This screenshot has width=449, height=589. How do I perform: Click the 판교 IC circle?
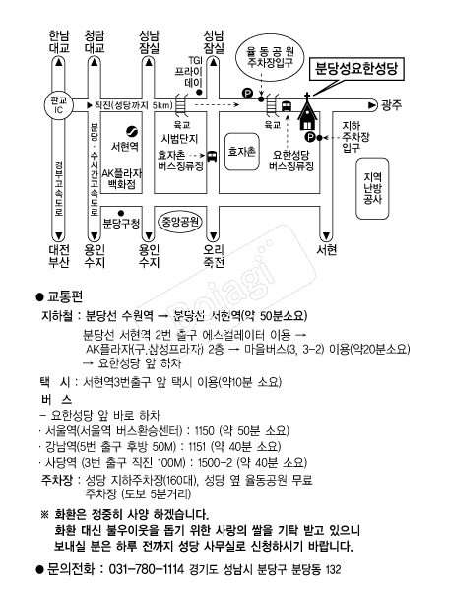[x=58, y=105]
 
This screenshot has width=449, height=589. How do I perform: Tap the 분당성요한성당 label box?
[x=356, y=69]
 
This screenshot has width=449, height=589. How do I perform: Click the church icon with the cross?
[x=307, y=111]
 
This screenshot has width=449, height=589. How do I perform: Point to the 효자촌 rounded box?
[x=242, y=152]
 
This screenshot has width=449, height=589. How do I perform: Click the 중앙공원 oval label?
[x=180, y=222]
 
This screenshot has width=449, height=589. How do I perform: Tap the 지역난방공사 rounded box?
[x=372, y=188]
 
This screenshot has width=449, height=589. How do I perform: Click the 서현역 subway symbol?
[x=132, y=131]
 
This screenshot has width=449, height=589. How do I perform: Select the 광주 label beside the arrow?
[x=391, y=105]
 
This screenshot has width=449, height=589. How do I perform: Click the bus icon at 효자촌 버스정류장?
[x=212, y=156]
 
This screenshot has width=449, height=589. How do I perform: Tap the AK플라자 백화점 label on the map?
[x=122, y=179]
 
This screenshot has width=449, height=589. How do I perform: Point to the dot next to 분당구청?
[x=121, y=213]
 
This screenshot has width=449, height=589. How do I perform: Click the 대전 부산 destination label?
[x=59, y=256]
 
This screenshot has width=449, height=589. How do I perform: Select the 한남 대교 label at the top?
[x=59, y=41]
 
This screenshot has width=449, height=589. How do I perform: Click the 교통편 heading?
[x=64, y=296]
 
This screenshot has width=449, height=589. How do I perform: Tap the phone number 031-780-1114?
[x=147, y=569]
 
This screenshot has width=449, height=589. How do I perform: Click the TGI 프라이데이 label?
[x=193, y=71]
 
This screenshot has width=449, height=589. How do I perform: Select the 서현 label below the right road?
[x=327, y=250]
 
